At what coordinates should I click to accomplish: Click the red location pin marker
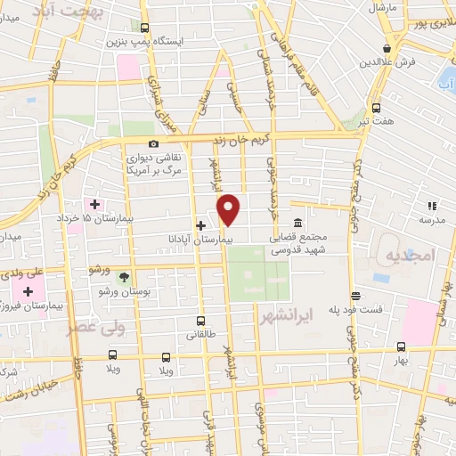[230, 209]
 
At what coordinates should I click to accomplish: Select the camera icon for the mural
[154, 144]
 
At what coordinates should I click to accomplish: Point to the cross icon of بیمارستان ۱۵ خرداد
[95, 204]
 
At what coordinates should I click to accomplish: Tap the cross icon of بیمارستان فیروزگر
[29, 291]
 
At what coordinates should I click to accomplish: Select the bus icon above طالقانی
[200, 321]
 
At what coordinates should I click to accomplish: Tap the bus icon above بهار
[401, 346]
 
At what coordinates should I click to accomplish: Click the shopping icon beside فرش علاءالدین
[387, 49]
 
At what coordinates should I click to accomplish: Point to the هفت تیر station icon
[376, 105]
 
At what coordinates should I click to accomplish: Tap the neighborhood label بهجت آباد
[69, 11]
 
